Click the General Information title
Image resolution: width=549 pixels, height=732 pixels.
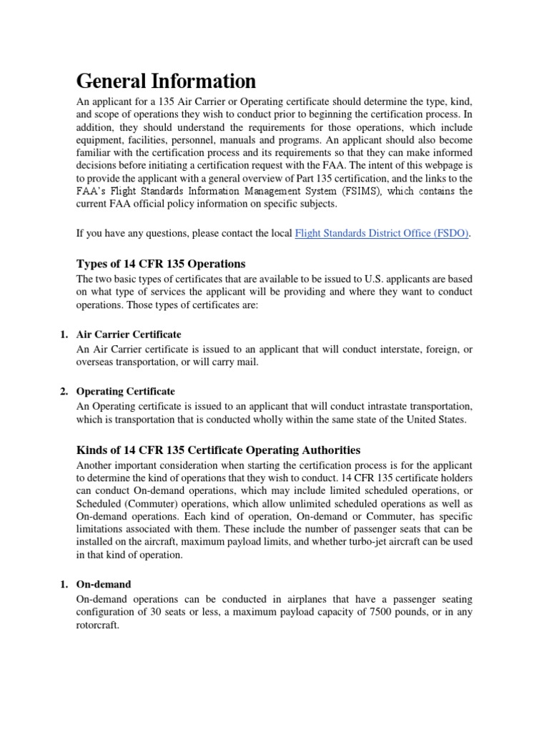tap(166, 80)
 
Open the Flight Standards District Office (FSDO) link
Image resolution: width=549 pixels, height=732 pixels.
tap(382, 233)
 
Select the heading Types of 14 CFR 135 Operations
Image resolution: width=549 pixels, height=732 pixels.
tap(161, 264)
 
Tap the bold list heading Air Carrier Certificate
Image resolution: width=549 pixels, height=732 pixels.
tap(129, 335)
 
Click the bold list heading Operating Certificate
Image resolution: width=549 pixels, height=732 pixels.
tap(126, 392)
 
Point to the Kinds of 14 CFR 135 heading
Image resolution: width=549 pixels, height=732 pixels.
tap(218, 450)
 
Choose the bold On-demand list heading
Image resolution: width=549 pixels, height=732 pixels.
tap(104, 585)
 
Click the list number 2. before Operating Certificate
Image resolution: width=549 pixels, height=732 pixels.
tap(63, 392)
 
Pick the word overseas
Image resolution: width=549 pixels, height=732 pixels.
tap(96, 362)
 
